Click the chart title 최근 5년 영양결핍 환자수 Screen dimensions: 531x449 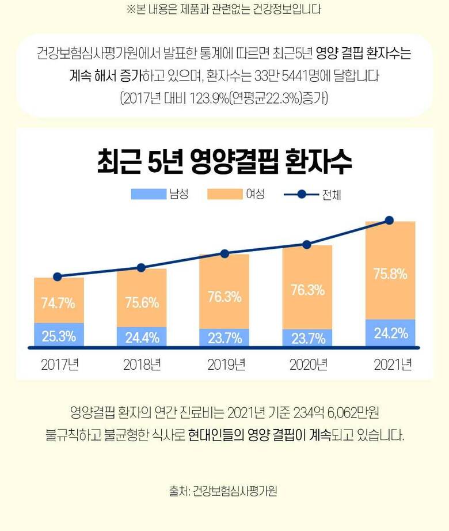click(x=224, y=162)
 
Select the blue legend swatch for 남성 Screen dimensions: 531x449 click(x=148, y=194)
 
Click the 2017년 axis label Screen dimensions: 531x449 click(x=59, y=365)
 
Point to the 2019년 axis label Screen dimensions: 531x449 click(x=224, y=365)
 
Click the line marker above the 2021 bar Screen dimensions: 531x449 click(x=389, y=220)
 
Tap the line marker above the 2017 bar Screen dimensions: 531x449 click(x=57, y=276)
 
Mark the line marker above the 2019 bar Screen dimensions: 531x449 click(x=224, y=253)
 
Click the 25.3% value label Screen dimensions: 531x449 click(x=59, y=336)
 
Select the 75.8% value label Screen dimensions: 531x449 click(x=390, y=274)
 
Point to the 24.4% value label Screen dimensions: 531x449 click(x=142, y=337)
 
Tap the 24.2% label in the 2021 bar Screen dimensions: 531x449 click(x=390, y=333)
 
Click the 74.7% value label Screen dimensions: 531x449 click(x=58, y=302)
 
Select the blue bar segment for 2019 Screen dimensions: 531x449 click(x=224, y=337)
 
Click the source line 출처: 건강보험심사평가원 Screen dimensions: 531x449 click(x=224, y=491)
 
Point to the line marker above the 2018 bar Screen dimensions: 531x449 click(x=141, y=267)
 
